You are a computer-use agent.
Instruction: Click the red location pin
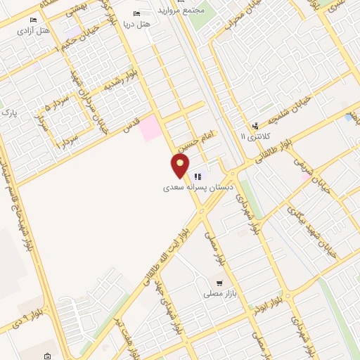coord(181,166)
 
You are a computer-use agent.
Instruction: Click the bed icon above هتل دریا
coord(136,13)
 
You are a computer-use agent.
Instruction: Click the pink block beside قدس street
coord(149,129)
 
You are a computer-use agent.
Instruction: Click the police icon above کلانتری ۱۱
coord(255,125)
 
